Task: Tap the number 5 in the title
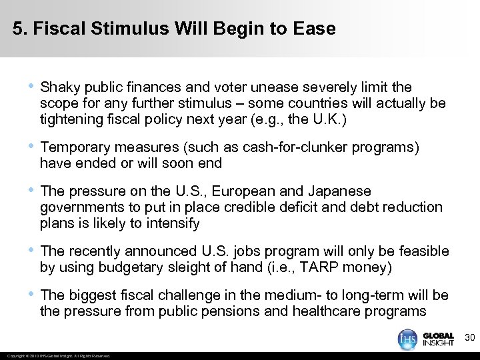click(17, 29)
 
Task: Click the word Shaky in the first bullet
click(58, 87)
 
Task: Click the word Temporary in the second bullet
click(75, 147)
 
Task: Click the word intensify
click(172, 224)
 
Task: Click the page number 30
click(469, 339)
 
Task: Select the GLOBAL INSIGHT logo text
click(439, 339)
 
